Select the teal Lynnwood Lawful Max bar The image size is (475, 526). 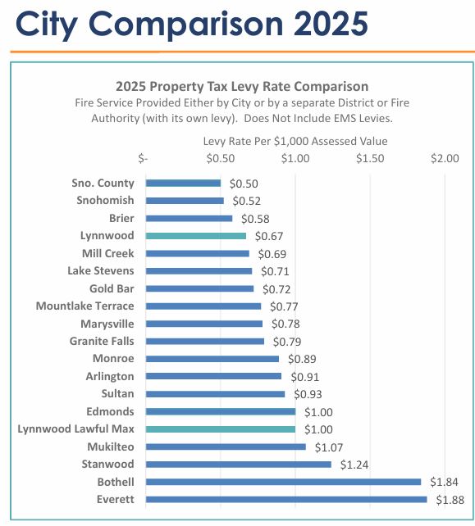pyautogui.click(x=220, y=429)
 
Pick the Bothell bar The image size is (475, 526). pyautogui.click(x=283, y=482)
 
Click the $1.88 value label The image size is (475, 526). pyautogui.click(x=449, y=500)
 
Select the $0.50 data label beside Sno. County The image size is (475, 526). pyautogui.click(x=243, y=184)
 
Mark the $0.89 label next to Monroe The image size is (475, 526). pyautogui.click(x=300, y=359)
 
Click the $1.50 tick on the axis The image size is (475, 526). pyautogui.click(x=370, y=158)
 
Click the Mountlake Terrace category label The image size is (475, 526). pyautogui.click(x=84, y=306)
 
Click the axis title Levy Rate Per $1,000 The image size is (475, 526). pyautogui.click(x=295, y=141)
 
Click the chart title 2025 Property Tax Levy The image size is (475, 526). pyautogui.click(x=242, y=86)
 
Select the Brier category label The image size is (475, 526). pyautogui.click(x=121, y=219)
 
